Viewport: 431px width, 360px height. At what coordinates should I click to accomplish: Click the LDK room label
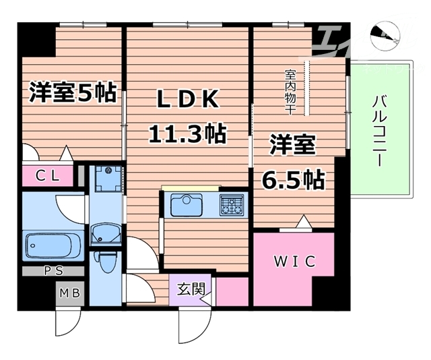pos(187,100)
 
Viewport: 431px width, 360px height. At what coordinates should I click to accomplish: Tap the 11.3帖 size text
pos(187,133)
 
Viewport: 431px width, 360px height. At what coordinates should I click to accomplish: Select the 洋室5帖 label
pos(72,92)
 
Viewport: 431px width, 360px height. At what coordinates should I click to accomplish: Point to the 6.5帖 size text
pos(294,179)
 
